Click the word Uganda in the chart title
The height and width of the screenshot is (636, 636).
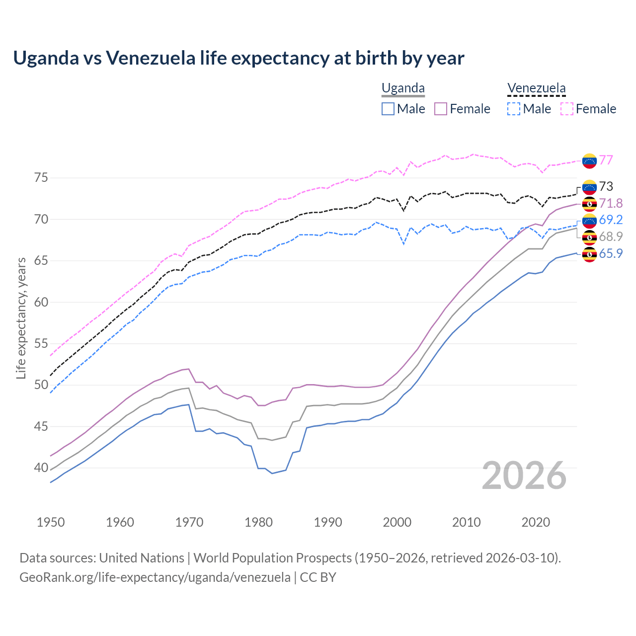pyautogui.click(x=46, y=58)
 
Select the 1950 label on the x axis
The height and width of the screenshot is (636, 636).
pyautogui.click(x=51, y=522)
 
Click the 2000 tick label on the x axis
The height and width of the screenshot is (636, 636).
pyautogui.click(x=397, y=522)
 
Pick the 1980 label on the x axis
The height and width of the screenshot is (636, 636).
pyautogui.click(x=258, y=522)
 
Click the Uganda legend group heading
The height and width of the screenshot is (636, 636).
pyautogui.click(x=403, y=88)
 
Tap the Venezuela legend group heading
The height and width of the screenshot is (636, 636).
pyautogui.click(x=536, y=88)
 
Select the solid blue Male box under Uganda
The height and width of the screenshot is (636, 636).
pyautogui.click(x=388, y=109)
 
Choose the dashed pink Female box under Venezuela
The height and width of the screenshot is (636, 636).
pyautogui.click(x=567, y=109)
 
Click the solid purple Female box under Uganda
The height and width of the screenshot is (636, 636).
pyautogui.click(x=441, y=109)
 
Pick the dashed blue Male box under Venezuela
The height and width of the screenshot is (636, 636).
pyautogui.click(x=514, y=109)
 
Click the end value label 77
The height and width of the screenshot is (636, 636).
pyautogui.click(x=606, y=160)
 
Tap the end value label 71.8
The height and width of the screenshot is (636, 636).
pyautogui.click(x=611, y=203)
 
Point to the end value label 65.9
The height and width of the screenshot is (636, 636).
pyautogui.click(x=611, y=253)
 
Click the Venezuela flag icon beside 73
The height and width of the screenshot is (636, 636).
pyautogui.click(x=589, y=187)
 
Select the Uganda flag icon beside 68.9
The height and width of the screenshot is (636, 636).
pyautogui.click(x=589, y=237)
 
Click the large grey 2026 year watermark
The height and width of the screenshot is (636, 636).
pyautogui.click(x=524, y=476)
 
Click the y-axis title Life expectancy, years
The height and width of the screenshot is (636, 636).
pyautogui.click(x=21, y=318)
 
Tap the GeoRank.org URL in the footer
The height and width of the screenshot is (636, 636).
pyautogui.click(x=155, y=577)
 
